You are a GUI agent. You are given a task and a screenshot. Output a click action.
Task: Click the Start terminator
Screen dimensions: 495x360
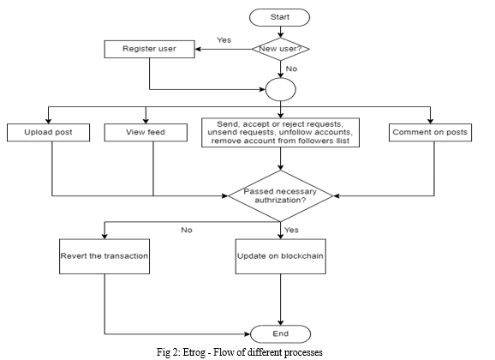click(279, 17)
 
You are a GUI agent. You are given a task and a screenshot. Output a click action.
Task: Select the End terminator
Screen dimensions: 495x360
click(280, 333)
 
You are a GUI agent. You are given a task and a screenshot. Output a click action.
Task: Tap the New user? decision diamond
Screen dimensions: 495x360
click(280, 49)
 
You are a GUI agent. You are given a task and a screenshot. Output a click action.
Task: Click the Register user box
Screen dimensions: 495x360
click(150, 49)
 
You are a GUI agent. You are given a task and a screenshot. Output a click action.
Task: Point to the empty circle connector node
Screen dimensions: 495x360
click(281, 89)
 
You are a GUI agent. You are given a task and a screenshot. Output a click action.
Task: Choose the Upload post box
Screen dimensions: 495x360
click(48, 132)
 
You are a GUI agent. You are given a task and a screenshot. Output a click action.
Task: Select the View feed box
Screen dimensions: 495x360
click(146, 132)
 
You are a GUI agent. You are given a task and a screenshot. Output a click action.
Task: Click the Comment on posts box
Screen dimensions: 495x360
click(430, 132)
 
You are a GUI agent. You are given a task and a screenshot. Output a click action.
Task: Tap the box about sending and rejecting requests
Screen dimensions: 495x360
click(280, 133)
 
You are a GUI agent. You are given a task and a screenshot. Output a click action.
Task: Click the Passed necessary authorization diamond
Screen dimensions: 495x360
click(280, 196)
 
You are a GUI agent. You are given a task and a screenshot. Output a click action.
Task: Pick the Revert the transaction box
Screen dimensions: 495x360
click(104, 256)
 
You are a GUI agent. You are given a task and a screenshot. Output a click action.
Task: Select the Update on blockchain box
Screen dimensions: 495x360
click(281, 256)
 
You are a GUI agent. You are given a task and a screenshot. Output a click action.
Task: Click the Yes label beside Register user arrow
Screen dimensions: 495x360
click(224, 40)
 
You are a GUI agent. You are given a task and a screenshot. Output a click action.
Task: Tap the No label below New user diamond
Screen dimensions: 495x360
click(291, 69)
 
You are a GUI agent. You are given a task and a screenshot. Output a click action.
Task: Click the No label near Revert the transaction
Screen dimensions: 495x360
click(187, 230)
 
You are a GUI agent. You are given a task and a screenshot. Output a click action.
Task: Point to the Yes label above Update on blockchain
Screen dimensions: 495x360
click(291, 230)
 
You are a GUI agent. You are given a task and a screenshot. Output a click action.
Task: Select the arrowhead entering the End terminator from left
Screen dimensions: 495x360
click(247, 333)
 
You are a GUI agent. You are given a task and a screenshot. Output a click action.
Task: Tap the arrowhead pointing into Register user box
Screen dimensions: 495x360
click(199, 49)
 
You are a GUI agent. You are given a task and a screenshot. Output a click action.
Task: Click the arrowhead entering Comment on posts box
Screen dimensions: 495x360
click(430, 120)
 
